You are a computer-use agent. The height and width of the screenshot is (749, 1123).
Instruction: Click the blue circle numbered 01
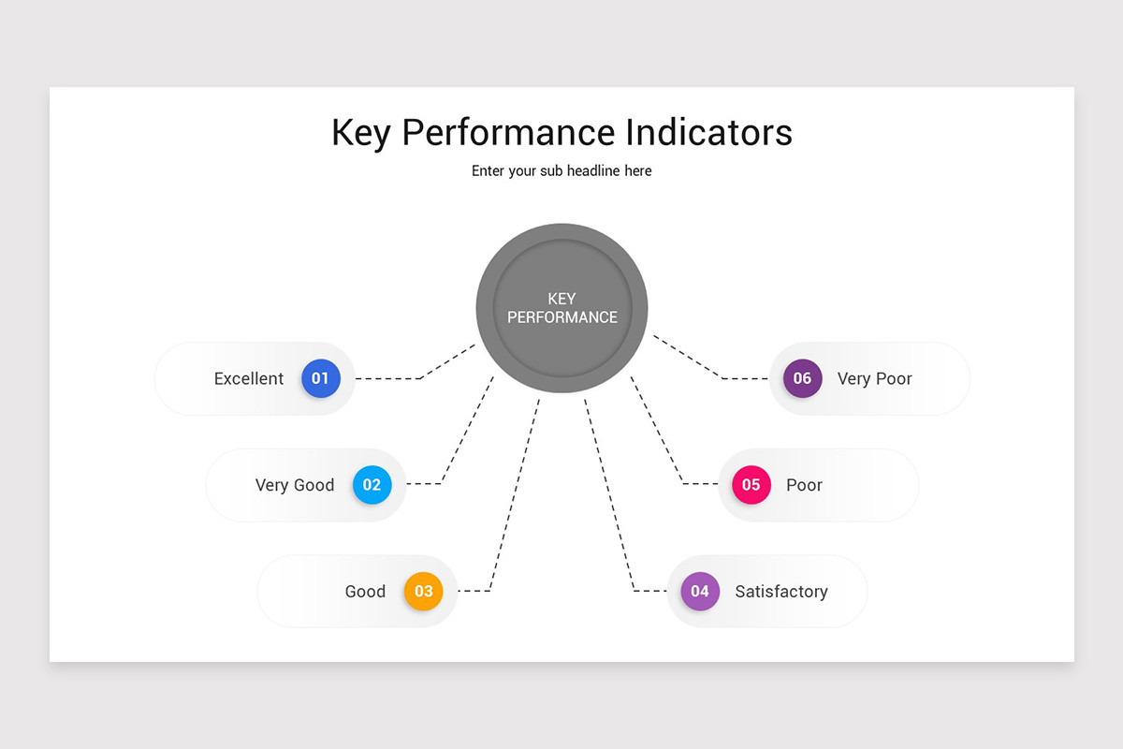[320, 378]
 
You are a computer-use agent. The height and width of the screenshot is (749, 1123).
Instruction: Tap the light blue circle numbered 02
[372, 485]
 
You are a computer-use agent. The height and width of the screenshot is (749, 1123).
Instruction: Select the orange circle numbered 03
[423, 592]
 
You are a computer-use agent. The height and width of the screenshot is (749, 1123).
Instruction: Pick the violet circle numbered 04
[700, 592]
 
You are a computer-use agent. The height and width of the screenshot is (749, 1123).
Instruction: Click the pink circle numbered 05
[751, 485]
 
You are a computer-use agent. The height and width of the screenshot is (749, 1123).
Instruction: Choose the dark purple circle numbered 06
[803, 378]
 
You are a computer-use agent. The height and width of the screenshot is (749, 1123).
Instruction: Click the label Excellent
[249, 379]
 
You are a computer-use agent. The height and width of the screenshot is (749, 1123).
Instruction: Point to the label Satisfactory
[781, 592]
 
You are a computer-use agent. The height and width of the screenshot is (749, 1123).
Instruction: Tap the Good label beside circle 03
[365, 592]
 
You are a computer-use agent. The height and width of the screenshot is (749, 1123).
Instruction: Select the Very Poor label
[874, 379]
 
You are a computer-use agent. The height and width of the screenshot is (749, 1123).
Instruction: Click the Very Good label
[295, 485]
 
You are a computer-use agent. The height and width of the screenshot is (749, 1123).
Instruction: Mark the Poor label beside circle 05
[804, 485]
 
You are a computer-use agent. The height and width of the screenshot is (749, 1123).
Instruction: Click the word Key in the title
[360, 133]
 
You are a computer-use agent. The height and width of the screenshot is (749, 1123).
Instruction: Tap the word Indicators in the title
[708, 132]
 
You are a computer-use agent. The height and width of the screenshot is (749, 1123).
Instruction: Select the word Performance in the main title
[509, 132]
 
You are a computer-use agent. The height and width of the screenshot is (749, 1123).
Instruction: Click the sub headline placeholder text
[561, 171]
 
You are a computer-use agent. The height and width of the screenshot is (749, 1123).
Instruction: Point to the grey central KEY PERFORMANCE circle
[561, 308]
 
